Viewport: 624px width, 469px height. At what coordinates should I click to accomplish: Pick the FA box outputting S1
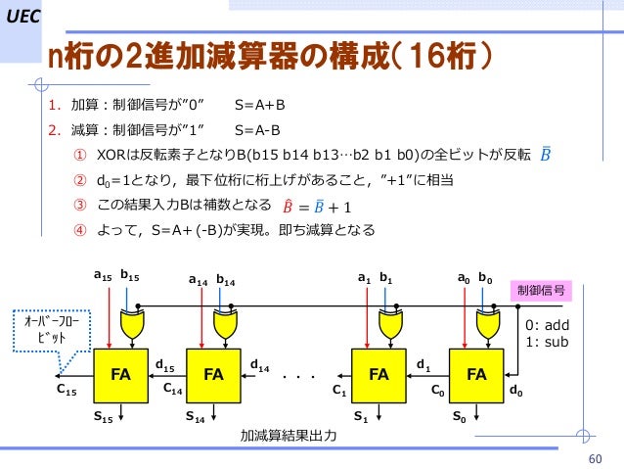(x=380, y=374)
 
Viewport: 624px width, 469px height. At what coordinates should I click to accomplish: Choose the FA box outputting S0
(x=475, y=374)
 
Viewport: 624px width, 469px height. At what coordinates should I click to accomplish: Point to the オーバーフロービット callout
(x=61, y=328)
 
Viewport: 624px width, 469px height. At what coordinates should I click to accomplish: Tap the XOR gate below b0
(x=485, y=318)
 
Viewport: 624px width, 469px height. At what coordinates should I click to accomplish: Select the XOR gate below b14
(x=226, y=318)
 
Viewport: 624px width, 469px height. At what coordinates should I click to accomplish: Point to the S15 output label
(x=103, y=416)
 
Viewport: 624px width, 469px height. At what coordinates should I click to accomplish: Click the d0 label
(x=514, y=394)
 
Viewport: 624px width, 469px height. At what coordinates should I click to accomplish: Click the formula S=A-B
(x=257, y=129)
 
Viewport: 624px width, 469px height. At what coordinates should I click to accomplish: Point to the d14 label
(x=260, y=366)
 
